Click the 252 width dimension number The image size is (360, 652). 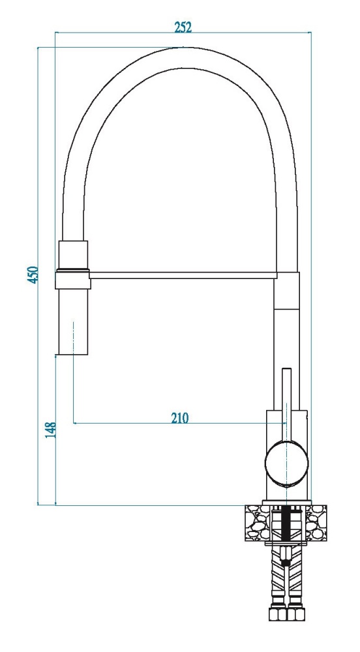coord(183,27)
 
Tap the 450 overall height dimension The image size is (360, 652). coord(33,275)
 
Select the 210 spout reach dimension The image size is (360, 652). coord(179,417)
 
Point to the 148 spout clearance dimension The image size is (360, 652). coord(50,430)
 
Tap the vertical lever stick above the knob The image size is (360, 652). coord(287,404)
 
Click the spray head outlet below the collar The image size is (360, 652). coord(73,322)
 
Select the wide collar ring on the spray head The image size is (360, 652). coord(73,279)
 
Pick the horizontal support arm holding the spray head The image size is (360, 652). coord(183,275)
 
